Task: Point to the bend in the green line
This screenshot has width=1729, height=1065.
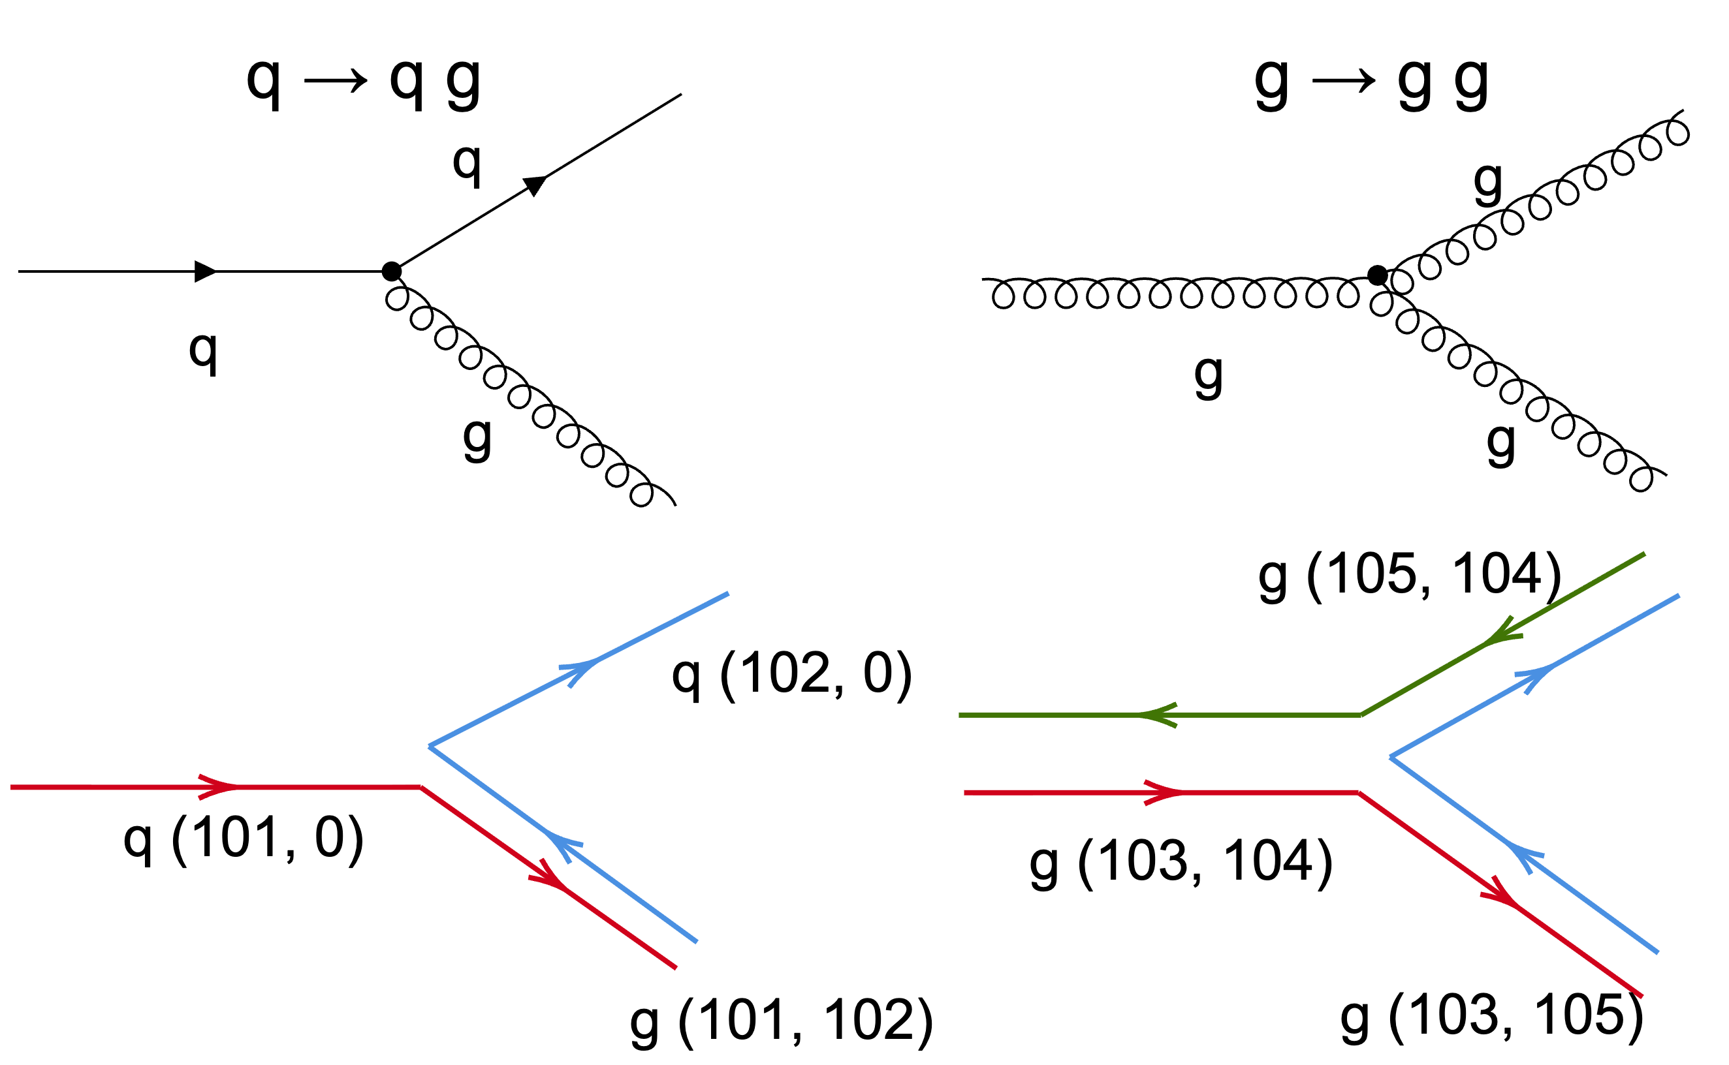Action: [1361, 716]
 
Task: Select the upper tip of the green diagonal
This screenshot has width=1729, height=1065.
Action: [1645, 554]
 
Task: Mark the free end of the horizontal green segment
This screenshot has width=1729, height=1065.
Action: [960, 716]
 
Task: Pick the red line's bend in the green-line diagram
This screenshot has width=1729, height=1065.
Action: [1358, 793]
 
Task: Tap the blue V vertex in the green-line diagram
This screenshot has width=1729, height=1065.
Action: [1390, 757]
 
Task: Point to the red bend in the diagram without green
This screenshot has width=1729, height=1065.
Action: [420, 788]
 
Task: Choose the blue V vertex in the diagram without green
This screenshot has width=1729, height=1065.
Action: [429, 746]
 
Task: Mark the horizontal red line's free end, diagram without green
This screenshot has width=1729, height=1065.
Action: [11, 788]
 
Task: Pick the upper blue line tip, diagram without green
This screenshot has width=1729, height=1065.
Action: [728, 594]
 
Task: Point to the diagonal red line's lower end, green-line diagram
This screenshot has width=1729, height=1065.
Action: [1642, 996]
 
